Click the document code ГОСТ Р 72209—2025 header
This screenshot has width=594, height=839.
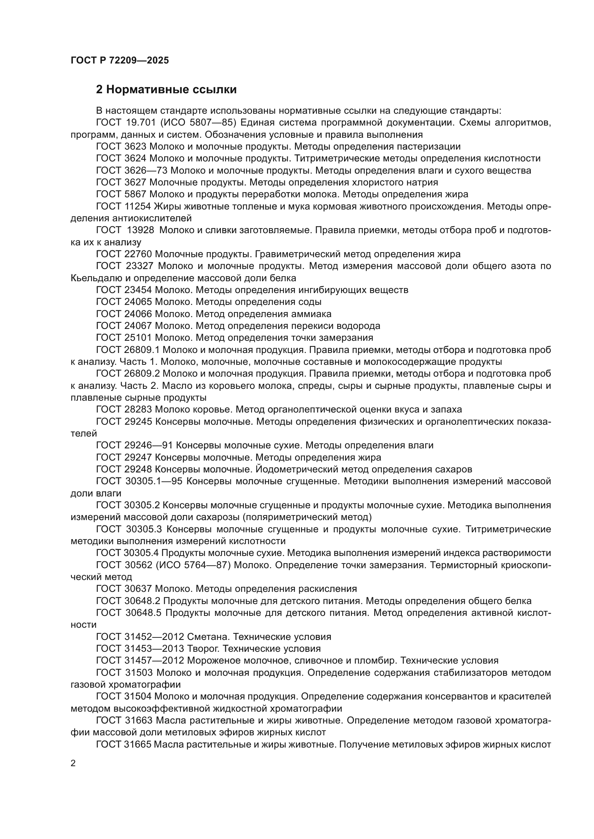point(120,60)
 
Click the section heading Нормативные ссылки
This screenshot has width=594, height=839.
point(166,90)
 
